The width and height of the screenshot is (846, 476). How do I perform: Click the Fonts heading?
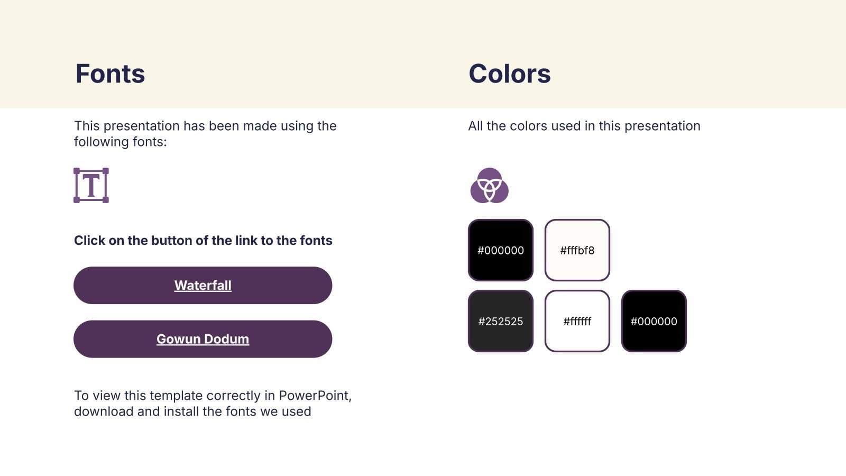click(110, 74)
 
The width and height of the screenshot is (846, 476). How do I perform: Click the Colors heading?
click(510, 74)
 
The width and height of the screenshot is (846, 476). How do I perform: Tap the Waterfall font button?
click(203, 285)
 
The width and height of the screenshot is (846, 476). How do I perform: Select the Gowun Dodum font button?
click(203, 339)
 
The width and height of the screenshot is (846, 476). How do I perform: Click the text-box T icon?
click(91, 186)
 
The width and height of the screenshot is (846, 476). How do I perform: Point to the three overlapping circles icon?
click(490, 186)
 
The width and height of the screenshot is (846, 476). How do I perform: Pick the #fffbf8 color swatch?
click(577, 250)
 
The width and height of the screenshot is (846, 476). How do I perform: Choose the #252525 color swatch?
click(500, 321)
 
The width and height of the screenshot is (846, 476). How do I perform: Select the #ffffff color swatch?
click(577, 321)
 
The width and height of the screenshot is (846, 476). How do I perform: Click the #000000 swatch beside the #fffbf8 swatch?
click(500, 250)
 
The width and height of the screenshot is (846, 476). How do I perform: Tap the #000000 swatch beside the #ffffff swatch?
click(654, 321)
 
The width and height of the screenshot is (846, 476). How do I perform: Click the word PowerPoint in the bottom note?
click(315, 396)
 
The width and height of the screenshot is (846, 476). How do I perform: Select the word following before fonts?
click(101, 142)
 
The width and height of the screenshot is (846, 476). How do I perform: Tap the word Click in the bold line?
click(89, 241)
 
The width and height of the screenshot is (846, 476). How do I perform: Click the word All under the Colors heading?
click(475, 126)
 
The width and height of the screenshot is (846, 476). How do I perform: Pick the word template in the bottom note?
click(176, 396)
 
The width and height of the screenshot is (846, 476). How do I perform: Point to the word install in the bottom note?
click(181, 411)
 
